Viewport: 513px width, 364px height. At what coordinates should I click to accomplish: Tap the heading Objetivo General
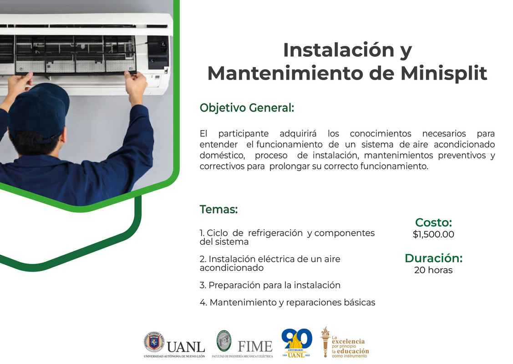(247, 108)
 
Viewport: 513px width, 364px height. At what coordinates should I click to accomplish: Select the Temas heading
(218, 210)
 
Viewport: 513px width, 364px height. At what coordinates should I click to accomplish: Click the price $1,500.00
(433, 235)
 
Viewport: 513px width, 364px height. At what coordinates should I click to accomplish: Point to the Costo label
(433, 222)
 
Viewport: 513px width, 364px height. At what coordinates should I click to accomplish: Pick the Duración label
(433, 258)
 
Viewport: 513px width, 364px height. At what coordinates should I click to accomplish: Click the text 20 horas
(433, 270)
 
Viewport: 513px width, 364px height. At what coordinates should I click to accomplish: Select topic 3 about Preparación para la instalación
(270, 285)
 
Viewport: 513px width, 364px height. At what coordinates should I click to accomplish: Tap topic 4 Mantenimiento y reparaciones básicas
(287, 302)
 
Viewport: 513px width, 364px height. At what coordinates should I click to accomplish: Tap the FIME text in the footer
(255, 346)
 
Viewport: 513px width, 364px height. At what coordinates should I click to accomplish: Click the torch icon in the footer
(325, 341)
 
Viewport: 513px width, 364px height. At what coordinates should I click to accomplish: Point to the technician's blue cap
(39, 109)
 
